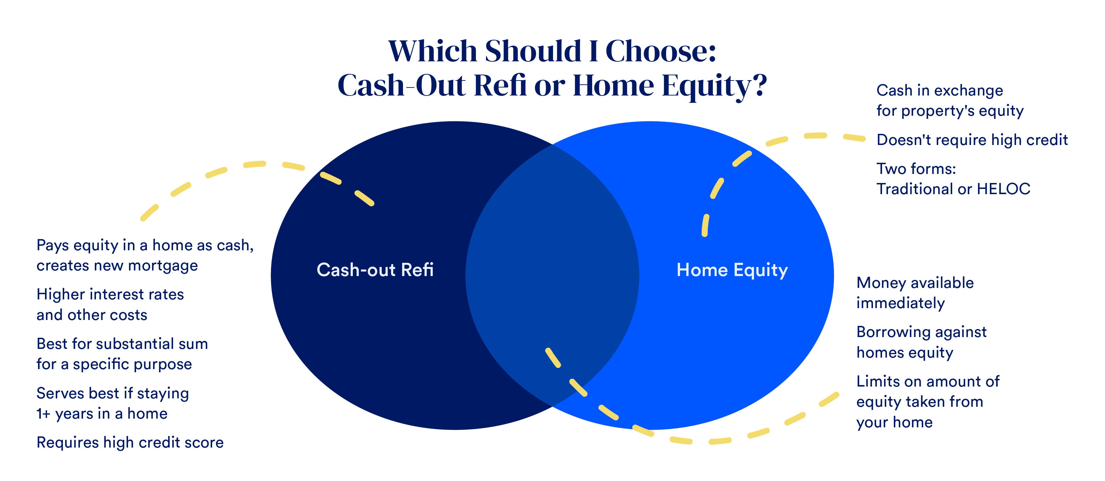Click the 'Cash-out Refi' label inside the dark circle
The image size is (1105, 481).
pos(375,270)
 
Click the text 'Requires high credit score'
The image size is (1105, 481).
pos(130,442)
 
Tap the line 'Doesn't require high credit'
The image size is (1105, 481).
pos(972,140)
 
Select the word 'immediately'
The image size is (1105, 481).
pos(901,303)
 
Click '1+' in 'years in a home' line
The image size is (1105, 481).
pos(43,414)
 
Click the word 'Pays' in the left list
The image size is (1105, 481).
pos(53,245)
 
